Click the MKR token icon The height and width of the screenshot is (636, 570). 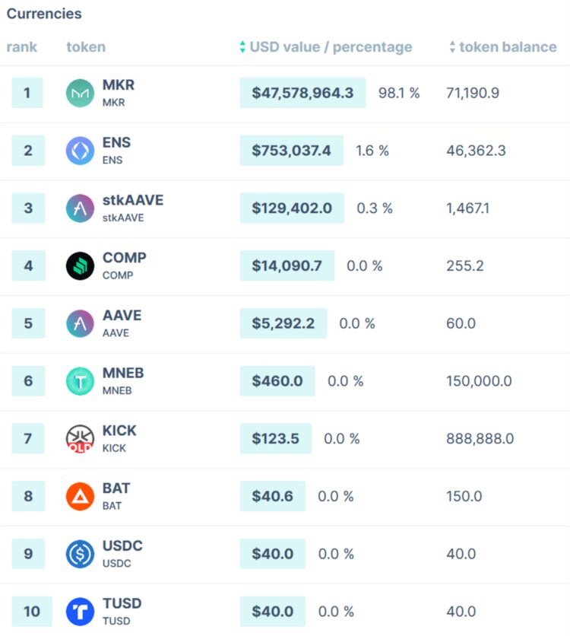(x=80, y=94)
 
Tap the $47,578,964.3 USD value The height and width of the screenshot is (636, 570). (x=302, y=94)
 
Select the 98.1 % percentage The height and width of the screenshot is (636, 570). (x=399, y=94)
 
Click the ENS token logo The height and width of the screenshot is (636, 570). (x=80, y=151)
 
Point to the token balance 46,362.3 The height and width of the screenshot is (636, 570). (x=476, y=151)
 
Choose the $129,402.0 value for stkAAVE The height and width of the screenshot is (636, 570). (x=292, y=208)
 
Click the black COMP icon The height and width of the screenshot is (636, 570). (x=80, y=266)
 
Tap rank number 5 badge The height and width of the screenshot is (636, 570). (x=28, y=323)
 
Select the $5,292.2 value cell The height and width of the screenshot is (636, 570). (x=283, y=323)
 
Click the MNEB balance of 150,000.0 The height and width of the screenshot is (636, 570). (x=479, y=381)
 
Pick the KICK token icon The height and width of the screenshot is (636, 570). (x=80, y=439)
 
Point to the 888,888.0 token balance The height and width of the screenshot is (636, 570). (x=480, y=439)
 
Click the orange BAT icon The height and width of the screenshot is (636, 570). (x=80, y=497)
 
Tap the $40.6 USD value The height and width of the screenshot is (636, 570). (x=272, y=497)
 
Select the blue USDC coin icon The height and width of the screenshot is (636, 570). (x=80, y=554)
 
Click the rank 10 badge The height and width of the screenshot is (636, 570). (x=31, y=612)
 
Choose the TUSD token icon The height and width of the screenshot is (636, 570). (x=80, y=612)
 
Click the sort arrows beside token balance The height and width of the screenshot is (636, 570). (x=452, y=47)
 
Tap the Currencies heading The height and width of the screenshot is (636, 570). (x=44, y=14)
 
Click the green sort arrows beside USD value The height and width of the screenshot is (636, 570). (x=242, y=47)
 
